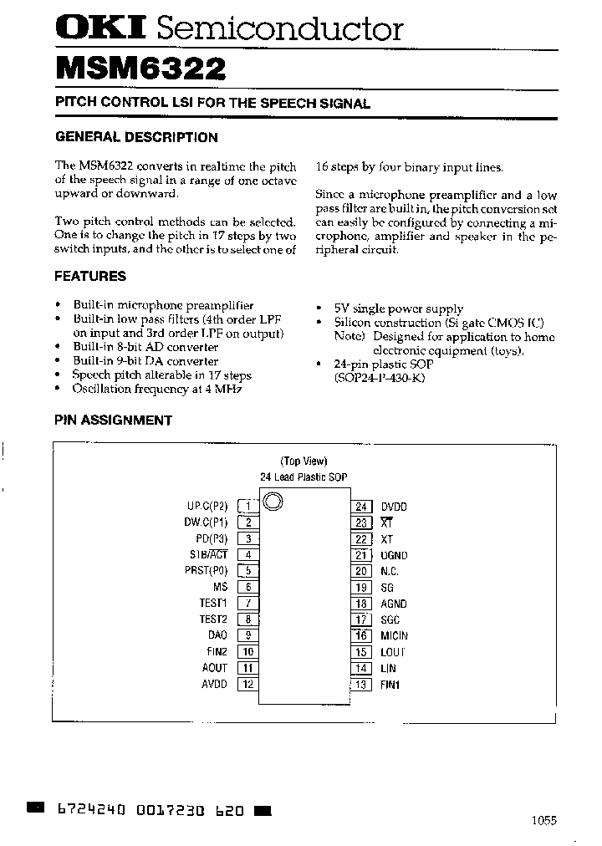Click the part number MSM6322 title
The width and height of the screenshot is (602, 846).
click(x=140, y=69)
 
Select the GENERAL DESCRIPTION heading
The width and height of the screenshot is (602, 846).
click(x=136, y=137)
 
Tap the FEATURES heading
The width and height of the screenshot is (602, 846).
click(x=90, y=276)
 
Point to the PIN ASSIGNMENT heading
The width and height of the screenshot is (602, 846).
click(x=113, y=420)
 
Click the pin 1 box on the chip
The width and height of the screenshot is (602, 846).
click(x=248, y=506)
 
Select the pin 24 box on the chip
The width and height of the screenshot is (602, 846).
click(x=361, y=507)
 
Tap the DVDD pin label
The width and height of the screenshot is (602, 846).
click(x=394, y=507)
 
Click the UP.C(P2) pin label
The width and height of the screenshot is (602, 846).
click(x=207, y=506)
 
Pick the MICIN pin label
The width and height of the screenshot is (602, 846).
click(x=395, y=636)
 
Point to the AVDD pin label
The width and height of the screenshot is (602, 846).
click(x=214, y=684)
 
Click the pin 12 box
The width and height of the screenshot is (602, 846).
click(x=248, y=684)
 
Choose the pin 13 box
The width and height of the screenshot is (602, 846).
click(x=361, y=685)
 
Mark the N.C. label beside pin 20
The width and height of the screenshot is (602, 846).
click(x=390, y=571)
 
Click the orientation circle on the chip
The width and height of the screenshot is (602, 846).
click(x=273, y=502)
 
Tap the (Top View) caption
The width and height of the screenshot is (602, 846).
click(x=304, y=461)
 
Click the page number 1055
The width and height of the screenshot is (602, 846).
click(x=543, y=821)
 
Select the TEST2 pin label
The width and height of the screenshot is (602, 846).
click(x=213, y=619)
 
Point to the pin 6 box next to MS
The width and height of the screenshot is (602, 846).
click(x=248, y=587)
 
